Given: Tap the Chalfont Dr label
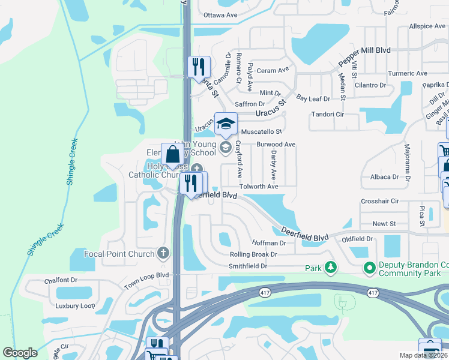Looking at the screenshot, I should (x=61, y=280).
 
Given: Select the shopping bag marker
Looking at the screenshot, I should (x=173, y=155).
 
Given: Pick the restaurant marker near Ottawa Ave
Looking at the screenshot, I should (x=198, y=67).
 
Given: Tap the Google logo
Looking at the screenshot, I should (x=20, y=353).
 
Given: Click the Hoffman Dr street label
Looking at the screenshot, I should (x=270, y=243).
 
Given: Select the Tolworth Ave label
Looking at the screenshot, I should (x=259, y=187).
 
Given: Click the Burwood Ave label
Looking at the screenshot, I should (x=276, y=145).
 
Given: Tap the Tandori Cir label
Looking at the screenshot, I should (x=327, y=114).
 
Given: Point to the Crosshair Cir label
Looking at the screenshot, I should (x=379, y=201).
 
